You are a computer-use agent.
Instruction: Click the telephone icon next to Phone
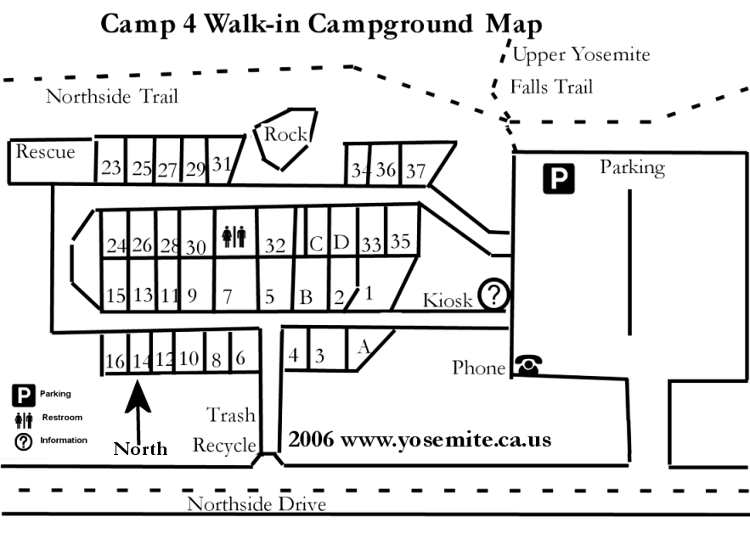(x=528, y=365)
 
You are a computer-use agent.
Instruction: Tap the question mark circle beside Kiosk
(x=494, y=295)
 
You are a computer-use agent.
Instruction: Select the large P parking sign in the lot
(x=559, y=179)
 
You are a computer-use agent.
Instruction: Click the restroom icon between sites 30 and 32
(x=234, y=236)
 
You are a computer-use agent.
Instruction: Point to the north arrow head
(x=138, y=396)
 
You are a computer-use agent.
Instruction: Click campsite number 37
(x=415, y=171)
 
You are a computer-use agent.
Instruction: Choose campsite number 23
(x=111, y=168)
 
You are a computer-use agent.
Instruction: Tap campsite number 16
(x=115, y=361)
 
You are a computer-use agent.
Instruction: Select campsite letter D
(x=341, y=243)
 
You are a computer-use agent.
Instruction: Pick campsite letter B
(x=306, y=297)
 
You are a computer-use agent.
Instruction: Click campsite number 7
(x=227, y=297)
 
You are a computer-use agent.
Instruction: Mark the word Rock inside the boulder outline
(x=285, y=134)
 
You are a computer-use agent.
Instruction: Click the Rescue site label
(x=45, y=152)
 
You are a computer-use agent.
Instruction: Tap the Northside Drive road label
(x=257, y=504)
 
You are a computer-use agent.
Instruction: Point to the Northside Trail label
(x=112, y=96)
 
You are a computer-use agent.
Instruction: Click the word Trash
(x=231, y=414)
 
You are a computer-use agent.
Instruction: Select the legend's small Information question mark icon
(x=24, y=441)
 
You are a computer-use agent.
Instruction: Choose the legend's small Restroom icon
(x=24, y=419)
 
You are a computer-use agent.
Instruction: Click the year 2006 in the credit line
(x=311, y=439)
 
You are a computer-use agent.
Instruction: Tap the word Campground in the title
(x=390, y=25)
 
